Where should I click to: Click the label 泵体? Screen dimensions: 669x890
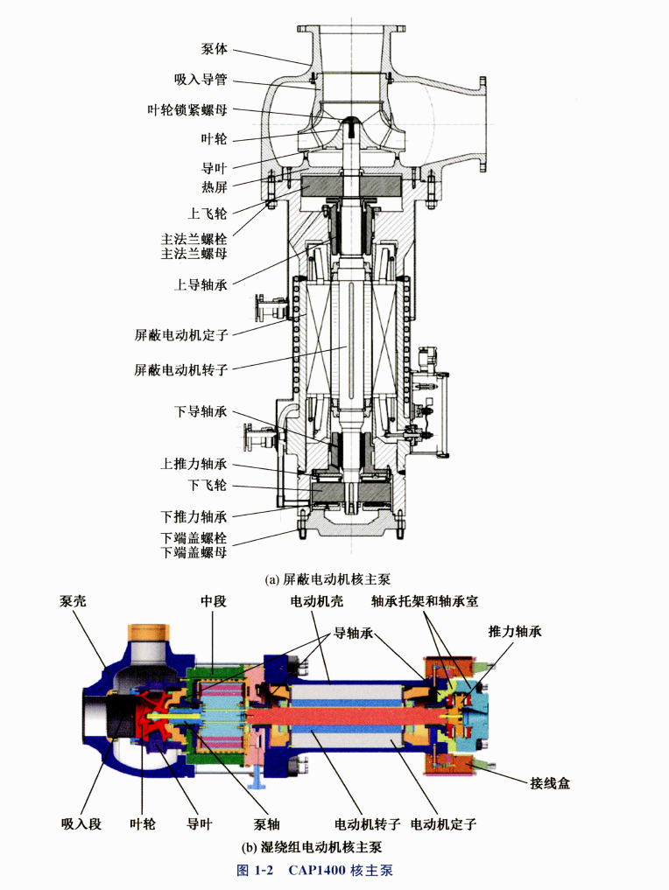click(215, 49)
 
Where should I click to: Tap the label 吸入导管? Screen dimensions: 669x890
click(201, 80)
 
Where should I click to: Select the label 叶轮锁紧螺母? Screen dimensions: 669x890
click(187, 109)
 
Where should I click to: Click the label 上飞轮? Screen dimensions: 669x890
click(208, 214)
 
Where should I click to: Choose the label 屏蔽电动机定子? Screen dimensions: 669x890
click(181, 335)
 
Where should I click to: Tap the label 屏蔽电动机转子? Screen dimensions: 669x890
click(181, 370)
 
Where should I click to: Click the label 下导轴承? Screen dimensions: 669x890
click(201, 411)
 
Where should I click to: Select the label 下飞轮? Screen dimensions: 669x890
click(208, 486)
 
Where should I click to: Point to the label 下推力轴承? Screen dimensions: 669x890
click(194, 516)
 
